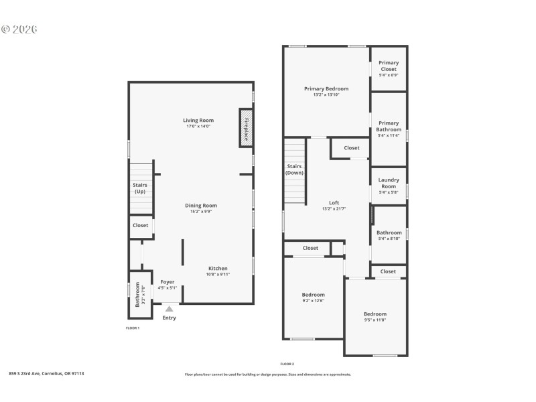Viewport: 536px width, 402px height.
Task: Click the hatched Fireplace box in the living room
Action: [x=245, y=127]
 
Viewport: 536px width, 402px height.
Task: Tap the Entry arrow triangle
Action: [x=169, y=309]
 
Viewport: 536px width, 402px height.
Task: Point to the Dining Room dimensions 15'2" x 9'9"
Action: [x=201, y=212]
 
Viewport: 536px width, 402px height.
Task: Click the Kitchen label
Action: [x=218, y=268]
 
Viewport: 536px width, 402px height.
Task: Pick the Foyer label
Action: [x=167, y=282]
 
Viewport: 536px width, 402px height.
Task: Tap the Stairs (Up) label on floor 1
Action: [x=139, y=188]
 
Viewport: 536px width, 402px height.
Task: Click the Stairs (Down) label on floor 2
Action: [x=294, y=169]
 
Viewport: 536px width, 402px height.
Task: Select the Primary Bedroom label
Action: [x=326, y=88]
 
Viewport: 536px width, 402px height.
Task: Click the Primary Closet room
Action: [x=389, y=68]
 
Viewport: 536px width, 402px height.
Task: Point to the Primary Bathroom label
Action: [x=389, y=126]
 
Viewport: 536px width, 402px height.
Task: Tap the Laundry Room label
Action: [x=389, y=183]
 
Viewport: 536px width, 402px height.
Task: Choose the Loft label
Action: [x=334, y=202]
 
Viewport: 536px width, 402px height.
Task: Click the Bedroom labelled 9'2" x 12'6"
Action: [x=313, y=295]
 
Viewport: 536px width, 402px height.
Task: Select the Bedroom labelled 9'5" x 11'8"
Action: [x=375, y=314]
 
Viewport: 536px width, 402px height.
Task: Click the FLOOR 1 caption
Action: [x=133, y=328]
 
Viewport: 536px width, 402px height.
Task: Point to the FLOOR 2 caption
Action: [x=287, y=363]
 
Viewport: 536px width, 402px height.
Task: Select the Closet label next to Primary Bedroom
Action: [x=352, y=148]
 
